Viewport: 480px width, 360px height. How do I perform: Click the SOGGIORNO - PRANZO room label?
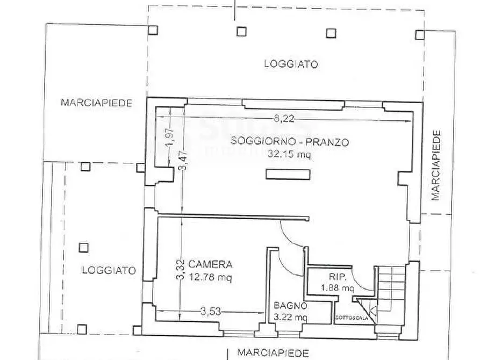(x=290, y=142)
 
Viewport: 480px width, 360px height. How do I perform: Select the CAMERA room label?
(x=214, y=264)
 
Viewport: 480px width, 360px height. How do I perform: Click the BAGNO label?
(x=290, y=306)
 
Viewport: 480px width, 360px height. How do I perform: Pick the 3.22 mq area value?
(x=290, y=316)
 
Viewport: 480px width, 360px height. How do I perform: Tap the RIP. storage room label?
(x=337, y=277)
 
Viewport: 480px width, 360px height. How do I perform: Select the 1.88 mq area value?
(x=337, y=288)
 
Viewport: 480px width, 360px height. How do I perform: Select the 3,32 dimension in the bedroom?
(x=181, y=270)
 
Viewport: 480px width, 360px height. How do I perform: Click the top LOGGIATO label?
(x=291, y=63)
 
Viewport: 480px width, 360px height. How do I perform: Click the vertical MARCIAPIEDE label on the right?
(x=436, y=165)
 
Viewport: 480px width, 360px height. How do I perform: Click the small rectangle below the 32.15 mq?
(x=289, y=174)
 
